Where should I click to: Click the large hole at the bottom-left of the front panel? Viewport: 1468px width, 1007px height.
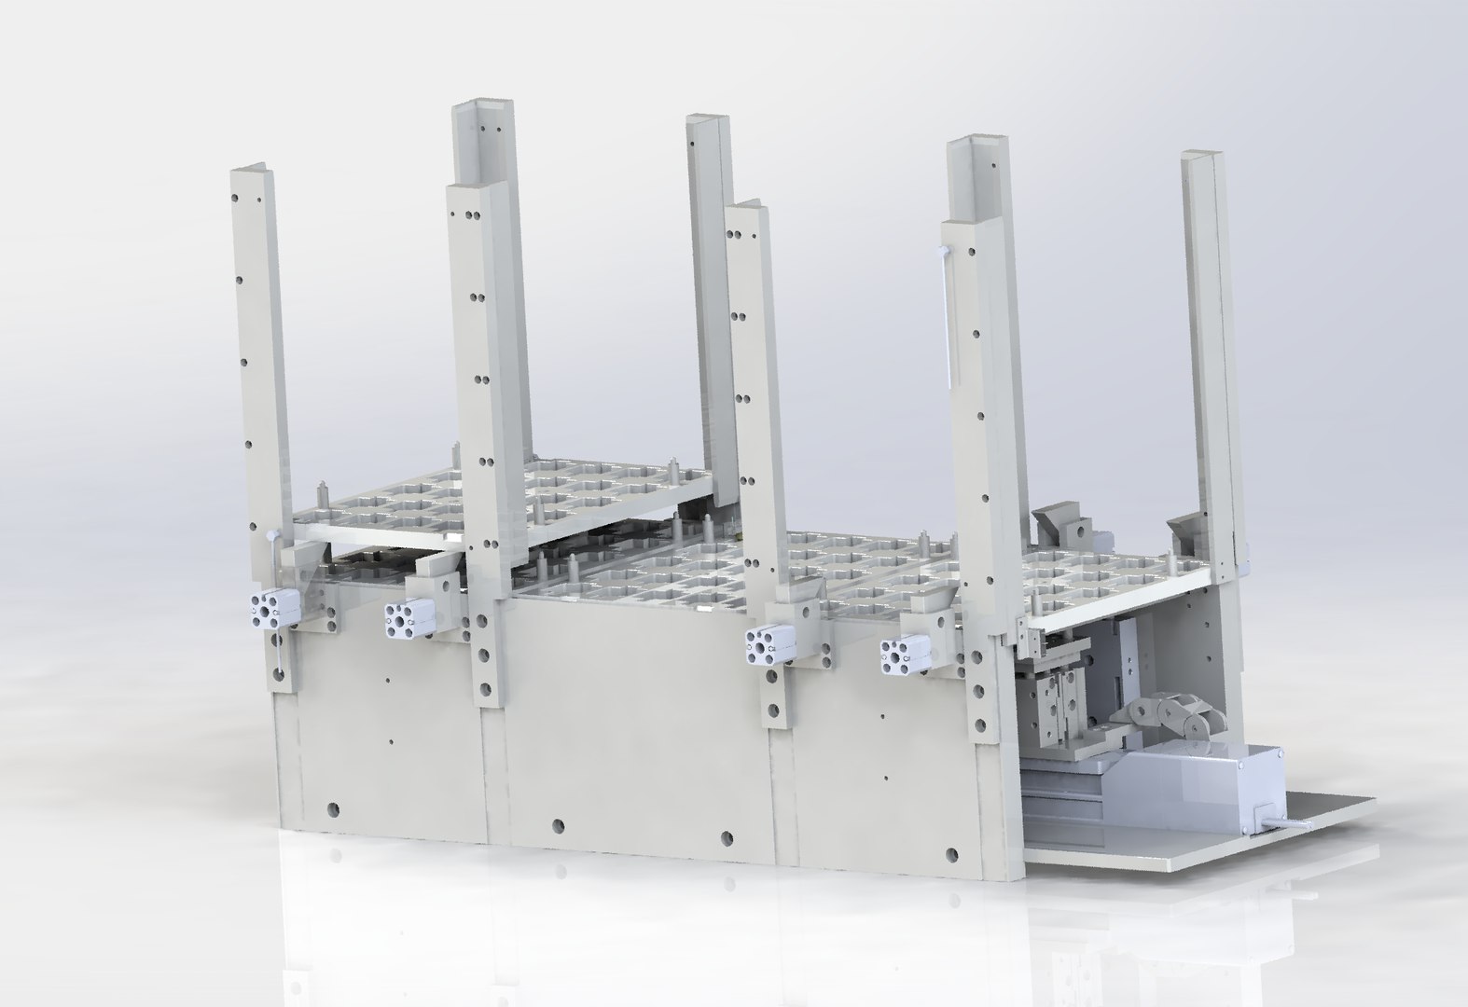click(x=332, y=807)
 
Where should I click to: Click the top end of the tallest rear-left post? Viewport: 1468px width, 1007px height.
click(x=483, y=108)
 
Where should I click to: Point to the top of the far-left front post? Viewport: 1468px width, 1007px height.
click(x=250, y=173)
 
